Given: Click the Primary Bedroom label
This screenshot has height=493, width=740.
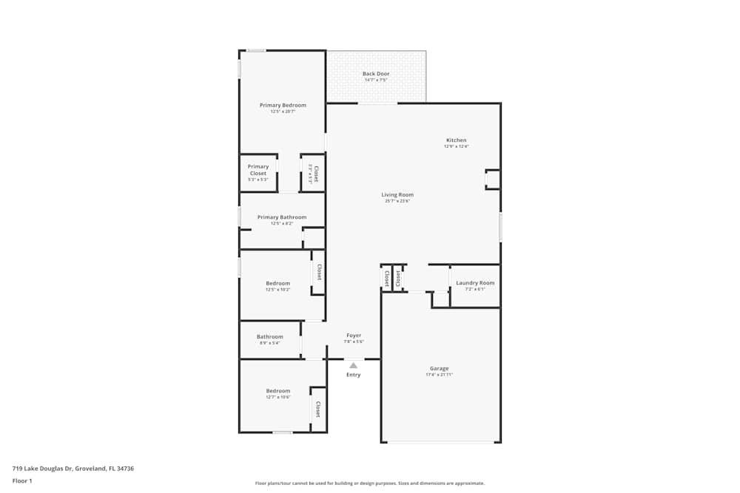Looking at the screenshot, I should coord(282,105).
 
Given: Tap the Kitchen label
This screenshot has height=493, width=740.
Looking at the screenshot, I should coord(456,140).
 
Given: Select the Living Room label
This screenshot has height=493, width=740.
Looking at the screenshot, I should coord(397,195).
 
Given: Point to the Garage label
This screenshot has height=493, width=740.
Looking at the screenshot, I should coord(439,368).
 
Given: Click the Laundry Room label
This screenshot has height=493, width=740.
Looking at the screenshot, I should coord(475,283).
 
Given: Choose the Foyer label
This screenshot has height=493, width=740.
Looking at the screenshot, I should coord(354,336).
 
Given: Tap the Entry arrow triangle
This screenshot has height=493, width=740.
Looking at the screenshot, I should coord(354,364).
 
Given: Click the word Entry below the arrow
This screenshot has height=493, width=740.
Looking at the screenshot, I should coord(354,375).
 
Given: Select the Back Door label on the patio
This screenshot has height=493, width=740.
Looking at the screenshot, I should coord(376,74).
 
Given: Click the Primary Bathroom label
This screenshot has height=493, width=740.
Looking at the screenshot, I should coord(282,217).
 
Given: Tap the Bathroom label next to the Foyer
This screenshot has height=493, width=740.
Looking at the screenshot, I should coord(270,337).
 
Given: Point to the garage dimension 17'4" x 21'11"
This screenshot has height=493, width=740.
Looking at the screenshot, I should coord(439,375).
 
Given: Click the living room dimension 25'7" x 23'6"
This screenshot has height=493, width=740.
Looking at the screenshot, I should coord(397,201).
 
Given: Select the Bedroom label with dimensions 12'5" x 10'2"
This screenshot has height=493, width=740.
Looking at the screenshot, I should coord(278,283).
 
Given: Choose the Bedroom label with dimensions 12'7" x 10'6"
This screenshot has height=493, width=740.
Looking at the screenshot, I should coord(278,390).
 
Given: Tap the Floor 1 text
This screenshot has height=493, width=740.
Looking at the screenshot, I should coord(22,480).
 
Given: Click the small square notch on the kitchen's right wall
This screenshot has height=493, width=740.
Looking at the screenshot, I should coord(493,179).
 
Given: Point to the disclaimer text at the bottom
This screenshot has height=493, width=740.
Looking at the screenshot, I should coord(369,483).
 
